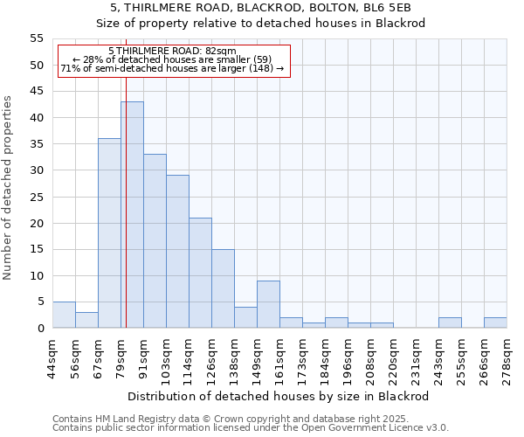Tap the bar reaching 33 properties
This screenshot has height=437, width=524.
coord(155,241)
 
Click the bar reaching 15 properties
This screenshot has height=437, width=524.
coord(223,288)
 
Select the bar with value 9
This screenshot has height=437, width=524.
coord(268,304)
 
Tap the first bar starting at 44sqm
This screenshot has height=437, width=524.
coord(64,315)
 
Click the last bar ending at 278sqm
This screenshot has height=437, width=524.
coord(495,323)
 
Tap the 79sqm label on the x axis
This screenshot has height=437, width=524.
coord(121,357)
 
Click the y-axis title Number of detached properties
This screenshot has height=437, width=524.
coord(8,188)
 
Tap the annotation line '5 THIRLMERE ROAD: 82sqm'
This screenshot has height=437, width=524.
coord(172,51)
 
